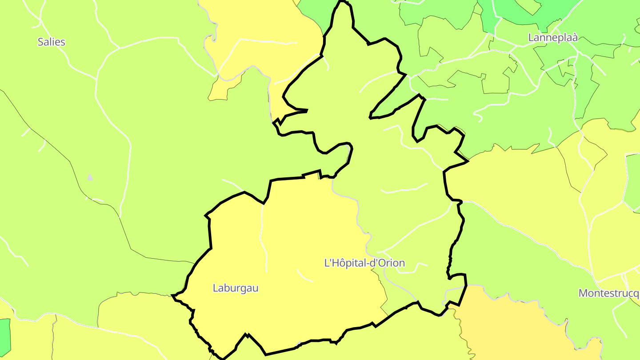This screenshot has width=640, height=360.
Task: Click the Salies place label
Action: tap(51, 42)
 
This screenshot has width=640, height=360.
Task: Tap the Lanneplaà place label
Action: tap(553, 37)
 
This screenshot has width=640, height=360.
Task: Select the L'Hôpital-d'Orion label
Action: tap(364, 263)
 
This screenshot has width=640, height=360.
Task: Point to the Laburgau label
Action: tap(236, 288)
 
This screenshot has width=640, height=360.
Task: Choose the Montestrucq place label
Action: tap(609, 293)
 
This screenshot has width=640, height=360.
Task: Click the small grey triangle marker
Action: tap(90, 177)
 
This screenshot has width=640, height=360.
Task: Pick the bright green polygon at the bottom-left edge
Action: tap(4, 338)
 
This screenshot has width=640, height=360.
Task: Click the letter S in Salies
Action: tap(40, 42)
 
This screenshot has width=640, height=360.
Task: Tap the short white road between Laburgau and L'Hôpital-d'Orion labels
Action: tap(305, 276)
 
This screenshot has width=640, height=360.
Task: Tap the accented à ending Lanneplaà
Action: tap(574, 37)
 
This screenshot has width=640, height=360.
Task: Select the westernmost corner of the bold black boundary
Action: tap(172, 295)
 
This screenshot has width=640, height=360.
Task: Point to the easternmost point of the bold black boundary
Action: tap(468, 161)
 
